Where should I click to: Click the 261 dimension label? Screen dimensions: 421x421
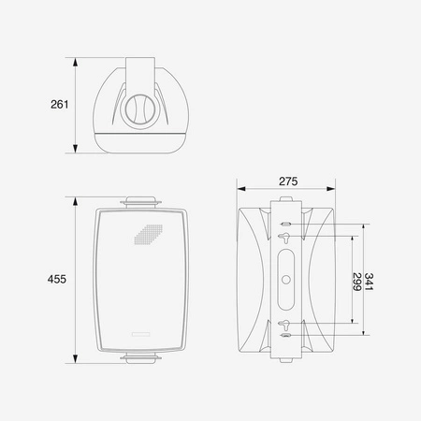[60, 105]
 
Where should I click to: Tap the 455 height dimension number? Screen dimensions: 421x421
[57, 279]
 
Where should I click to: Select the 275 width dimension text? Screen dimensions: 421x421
[288, 181]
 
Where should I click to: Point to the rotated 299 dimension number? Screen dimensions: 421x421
[357, 282]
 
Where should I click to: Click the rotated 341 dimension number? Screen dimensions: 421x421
[369, 282]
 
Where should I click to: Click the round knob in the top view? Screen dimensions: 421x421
[140, 109]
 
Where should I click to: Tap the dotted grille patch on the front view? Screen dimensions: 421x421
[149, 235]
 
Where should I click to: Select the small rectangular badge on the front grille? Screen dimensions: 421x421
[141, 334]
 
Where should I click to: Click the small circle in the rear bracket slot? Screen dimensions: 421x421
[286, 279]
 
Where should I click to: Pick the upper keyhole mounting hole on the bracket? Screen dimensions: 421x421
[285, 238]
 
